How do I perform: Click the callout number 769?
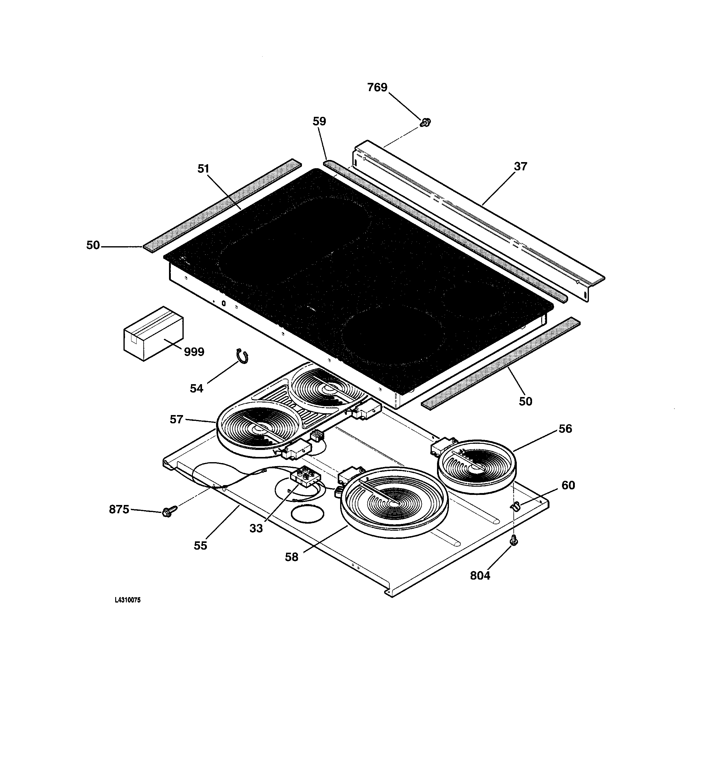pyautogui.click(x=377, y=87)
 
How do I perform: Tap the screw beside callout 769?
pyautogui.click(x=425, y=123)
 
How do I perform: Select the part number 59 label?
pyautogui.click(x=319, y=121)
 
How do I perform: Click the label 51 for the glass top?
pyautogui.click(x=203, y=169)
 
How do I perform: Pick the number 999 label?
pyautogui.click(x=194, y=352)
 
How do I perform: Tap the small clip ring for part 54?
pyautogui.click(x=242, y=355)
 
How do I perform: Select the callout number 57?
pyautogui.click(x=176, y=419)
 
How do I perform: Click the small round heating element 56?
pyautogui.click(x=477, y=466)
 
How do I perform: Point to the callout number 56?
pyautogui.click(x=565, y=429)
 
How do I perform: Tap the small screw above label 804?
pyautogui.click(x=513, y=540)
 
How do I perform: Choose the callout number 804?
pyautogui.click(x=480, y=575)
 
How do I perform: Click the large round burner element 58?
pyautogui.click(x=394, y=502)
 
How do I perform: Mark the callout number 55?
pyautogui.click(x=200, y=546)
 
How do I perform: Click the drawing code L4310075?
pyautogui.click(x=127, y=600)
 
